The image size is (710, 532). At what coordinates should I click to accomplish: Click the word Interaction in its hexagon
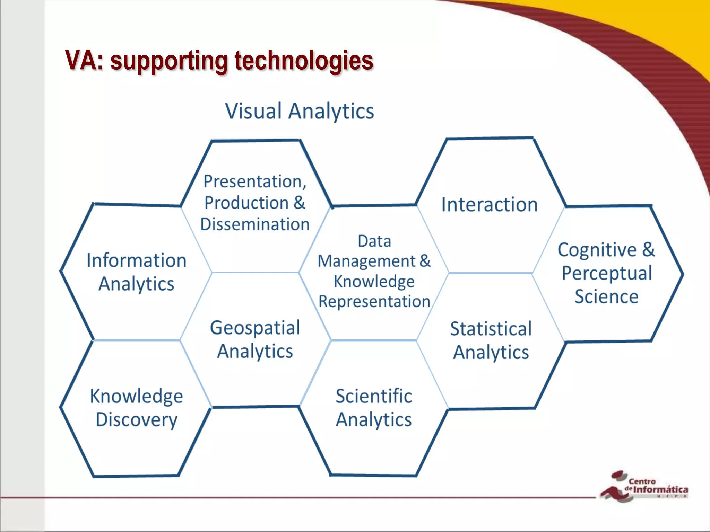(x=489, y=204)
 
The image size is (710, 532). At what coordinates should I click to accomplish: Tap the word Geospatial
(x=255, y=328)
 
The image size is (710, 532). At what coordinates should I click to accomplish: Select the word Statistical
(x=491, y=329)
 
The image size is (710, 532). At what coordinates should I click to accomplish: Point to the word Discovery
(x=136, y=420)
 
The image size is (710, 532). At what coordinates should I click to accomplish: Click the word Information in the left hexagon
(x=136, y=260)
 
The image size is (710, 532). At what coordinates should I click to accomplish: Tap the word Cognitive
(x=597, y=250)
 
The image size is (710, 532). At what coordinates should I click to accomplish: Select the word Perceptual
(x=607, y=273)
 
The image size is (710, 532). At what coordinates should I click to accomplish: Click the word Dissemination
(x=255, y=224)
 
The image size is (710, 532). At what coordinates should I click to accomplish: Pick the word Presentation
(x=254, y=181)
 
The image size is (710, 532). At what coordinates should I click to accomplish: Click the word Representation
(x=374, y=301)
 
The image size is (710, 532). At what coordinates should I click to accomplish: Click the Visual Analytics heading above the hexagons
(x=300, y=111)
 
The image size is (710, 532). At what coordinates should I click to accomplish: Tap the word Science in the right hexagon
(x=606, y=297)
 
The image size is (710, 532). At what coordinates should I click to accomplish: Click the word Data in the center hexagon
(x=374, y=241)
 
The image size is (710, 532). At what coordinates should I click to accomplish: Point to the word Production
(x=246, y=203)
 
